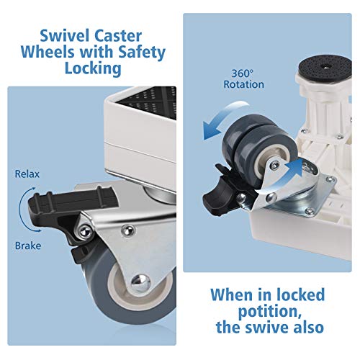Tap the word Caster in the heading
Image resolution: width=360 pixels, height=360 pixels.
coord(118,36)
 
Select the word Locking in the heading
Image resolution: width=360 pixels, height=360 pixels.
coord(93,68)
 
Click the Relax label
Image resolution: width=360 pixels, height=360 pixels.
coord(27,174)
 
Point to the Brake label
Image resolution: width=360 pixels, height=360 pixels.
coord(28,246)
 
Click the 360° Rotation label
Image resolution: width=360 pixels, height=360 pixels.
coord(243,79)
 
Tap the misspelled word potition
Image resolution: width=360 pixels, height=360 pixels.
coord(270,311)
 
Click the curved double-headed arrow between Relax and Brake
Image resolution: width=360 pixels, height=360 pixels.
coord(20,210)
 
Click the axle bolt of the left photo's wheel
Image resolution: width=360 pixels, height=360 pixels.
coord(141,282)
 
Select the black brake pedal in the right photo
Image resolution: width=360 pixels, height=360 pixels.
coord(217,192)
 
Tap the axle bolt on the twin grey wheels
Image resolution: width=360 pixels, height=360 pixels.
coord(274,165)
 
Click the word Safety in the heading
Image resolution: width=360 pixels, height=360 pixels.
coord(142,53)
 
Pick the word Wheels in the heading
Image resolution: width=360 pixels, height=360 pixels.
coord(47,52)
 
